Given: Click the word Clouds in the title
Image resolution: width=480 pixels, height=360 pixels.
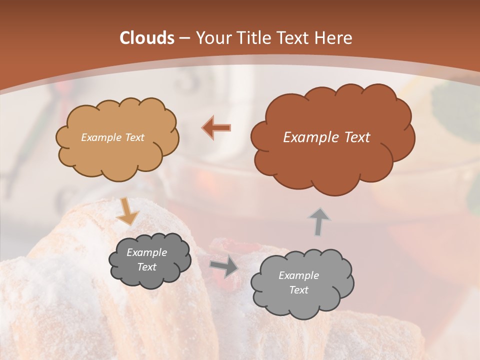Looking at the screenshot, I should tap(146, 38).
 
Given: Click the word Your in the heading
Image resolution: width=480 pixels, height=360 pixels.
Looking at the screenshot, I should tap(214, 38).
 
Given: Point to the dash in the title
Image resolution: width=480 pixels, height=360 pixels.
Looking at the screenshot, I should tap(184, 38).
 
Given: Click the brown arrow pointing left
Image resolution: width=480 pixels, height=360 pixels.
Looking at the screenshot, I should tap(216, 127).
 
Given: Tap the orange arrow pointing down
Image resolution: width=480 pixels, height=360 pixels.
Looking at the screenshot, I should tap(127, 211).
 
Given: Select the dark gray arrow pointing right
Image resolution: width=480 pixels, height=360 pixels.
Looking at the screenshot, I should tap(223, 267).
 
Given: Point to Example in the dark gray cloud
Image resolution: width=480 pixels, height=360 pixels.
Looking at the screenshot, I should tap(146, 252).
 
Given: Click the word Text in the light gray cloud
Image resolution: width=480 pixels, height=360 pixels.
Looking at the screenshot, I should tap(298, 290).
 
